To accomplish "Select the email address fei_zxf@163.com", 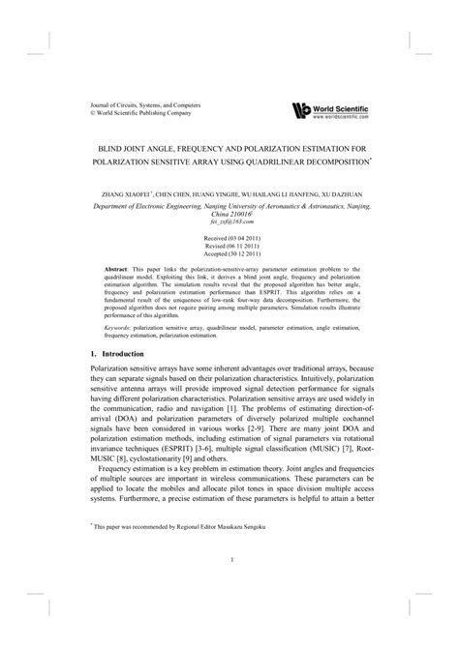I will click(229, 221).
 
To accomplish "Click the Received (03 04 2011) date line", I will click(229, 236).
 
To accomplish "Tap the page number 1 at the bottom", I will click(229, 559).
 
